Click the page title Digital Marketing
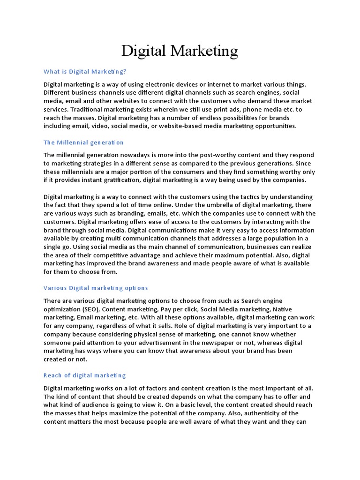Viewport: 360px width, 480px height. pyautogui.click(x=180, y=51)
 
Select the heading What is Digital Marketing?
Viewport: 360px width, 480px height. pyautogui.click(x=85, y=72)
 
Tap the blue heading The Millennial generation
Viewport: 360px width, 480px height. pyautogui.click(x=83, y=142)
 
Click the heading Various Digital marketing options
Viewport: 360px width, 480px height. pyautogui.click(x=96, y=288)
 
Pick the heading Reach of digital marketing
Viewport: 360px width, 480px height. pyautogui.click(x=85, y=375)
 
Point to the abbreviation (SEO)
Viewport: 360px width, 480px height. pyautogui.click(x=89, y=309)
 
